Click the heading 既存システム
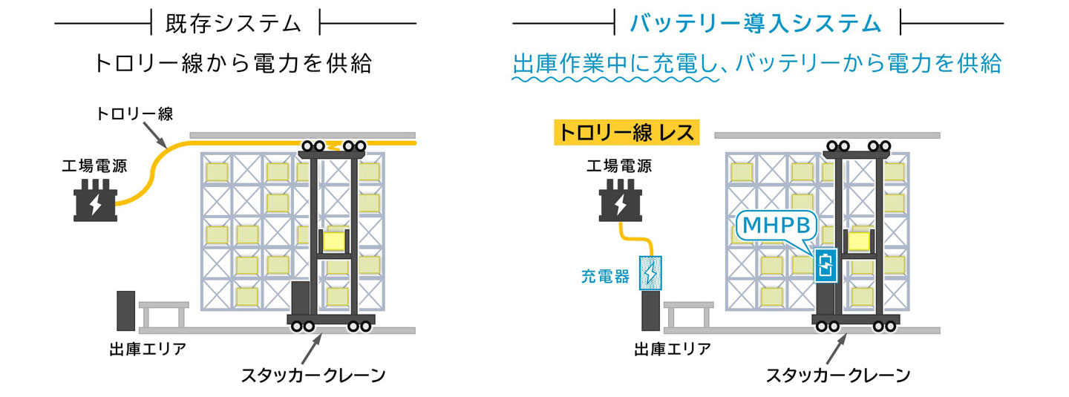point(235,24)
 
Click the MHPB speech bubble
point(773,226)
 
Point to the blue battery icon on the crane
point(826,266)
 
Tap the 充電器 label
point(605,278)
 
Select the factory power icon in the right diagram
point(621,200)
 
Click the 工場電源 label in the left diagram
point(95,165)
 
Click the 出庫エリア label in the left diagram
point(147,349)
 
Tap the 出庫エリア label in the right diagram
point(672,349)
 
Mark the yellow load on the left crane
point(335,241)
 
